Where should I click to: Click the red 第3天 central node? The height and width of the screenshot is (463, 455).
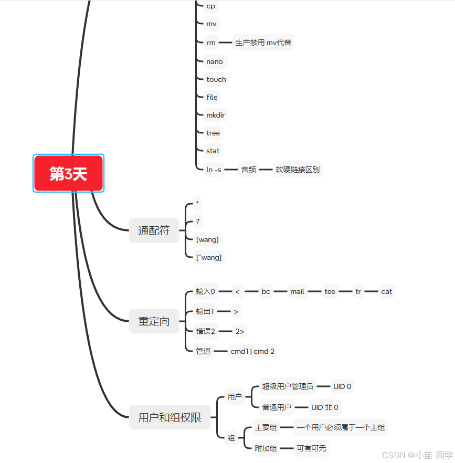(69, 174)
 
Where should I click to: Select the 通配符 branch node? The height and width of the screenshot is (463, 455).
(154, 230)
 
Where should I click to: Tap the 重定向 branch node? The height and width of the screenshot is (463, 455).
(154, 321)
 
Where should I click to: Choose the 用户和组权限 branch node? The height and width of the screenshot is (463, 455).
(170, 418)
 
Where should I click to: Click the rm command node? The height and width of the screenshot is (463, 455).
(211, 43)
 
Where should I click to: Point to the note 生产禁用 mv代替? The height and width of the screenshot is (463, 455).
(263, 43)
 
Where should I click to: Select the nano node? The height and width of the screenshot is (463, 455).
(215, 61)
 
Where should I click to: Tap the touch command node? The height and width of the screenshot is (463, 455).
(216, 79)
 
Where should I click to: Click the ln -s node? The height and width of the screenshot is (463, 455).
(214, 170)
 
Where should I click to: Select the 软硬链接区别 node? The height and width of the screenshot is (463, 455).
(297, 170)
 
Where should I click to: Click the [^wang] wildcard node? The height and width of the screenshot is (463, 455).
(209, 257)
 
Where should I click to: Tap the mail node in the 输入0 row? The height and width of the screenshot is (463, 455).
(297, 291)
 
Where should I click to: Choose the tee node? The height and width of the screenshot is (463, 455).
(330, 291)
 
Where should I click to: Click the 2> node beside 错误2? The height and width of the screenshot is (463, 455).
(239, 331)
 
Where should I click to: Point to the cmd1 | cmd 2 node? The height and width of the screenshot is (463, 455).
(252, 351)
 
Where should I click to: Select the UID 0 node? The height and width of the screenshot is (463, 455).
(342, 386)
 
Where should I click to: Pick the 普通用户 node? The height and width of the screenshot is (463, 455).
(277, 407)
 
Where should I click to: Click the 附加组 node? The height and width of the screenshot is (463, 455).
(266, 448)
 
